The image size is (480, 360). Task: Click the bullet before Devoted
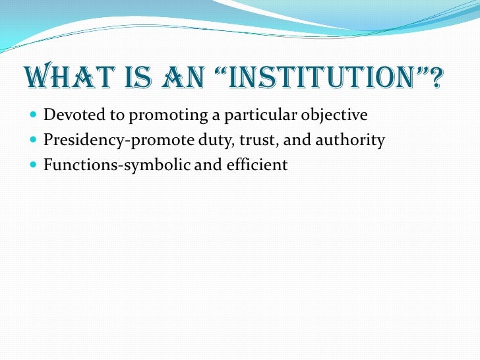coord(34,115)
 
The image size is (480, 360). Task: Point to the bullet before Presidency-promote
coord(34,140)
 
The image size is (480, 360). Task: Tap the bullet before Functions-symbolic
coord(34,165)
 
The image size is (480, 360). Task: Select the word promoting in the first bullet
coord(161,115)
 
